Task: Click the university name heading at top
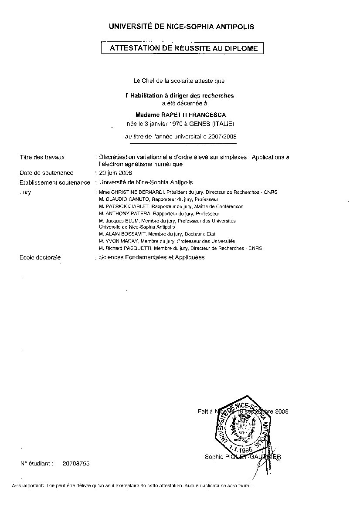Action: pos(181,27)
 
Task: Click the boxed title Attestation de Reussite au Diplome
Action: pos(183,48)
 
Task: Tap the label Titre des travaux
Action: pos(42,157)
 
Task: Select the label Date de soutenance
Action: pos(47,173)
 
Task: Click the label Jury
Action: pos(25,192)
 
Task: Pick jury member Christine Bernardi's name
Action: pos(136,192)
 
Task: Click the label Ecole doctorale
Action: pos(40,257)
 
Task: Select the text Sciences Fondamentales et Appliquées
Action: pos(152,257)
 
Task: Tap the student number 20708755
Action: pos(76,464)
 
